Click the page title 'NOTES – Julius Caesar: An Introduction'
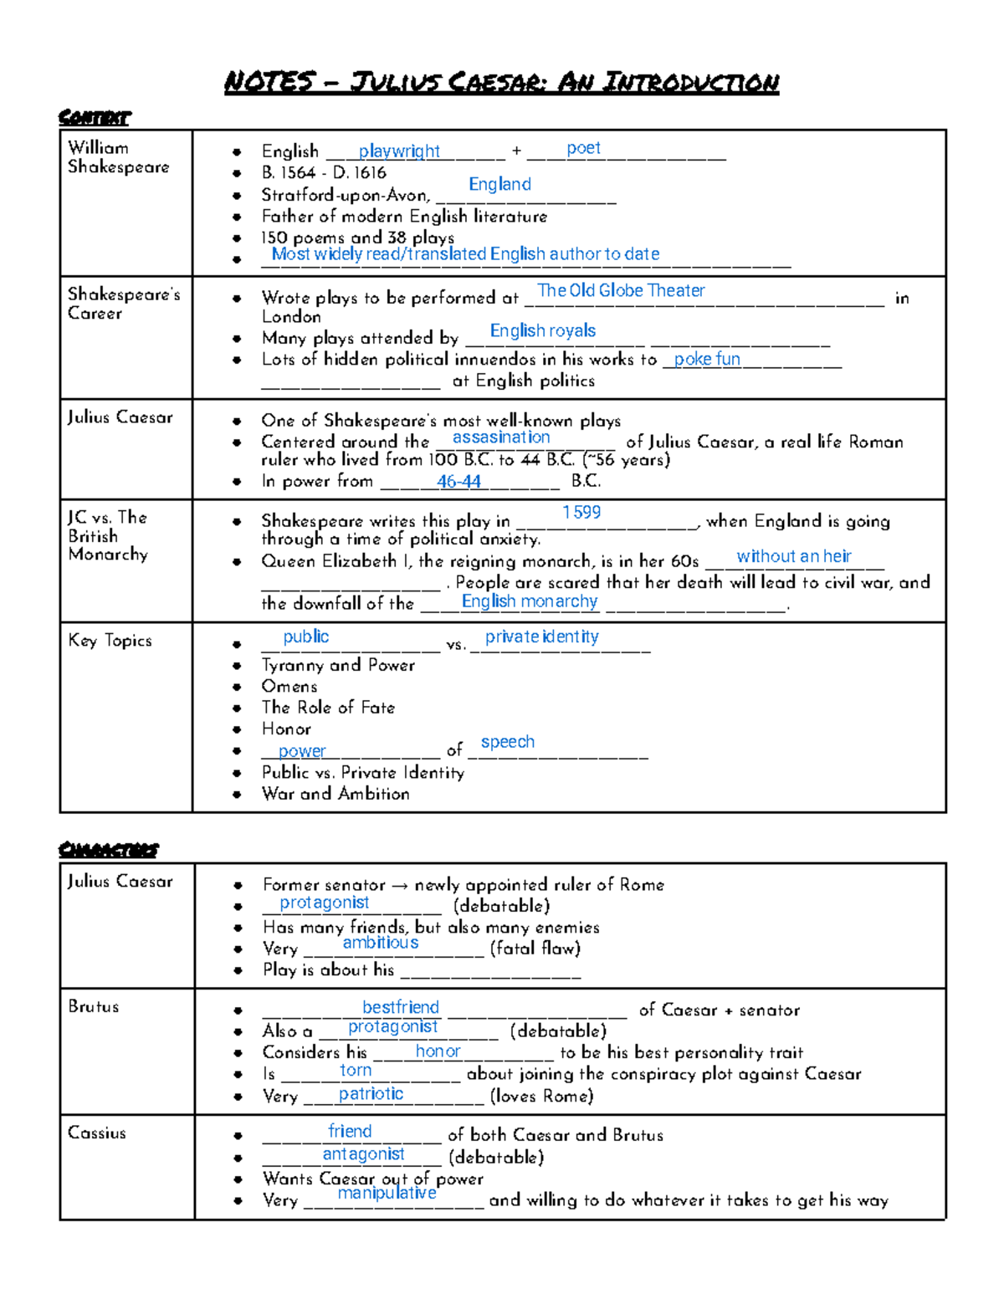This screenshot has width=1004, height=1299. coord(501,82)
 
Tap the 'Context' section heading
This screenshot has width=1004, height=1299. coord(95,117)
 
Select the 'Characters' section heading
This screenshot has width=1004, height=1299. coord(108,850)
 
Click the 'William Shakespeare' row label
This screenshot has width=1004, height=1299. coord(118,157)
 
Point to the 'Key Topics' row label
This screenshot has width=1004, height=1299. coord(110,641)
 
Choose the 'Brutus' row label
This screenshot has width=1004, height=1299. coord(94,1006)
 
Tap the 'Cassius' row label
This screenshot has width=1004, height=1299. coord(97,1133)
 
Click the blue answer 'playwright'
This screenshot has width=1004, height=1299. coord(399,151)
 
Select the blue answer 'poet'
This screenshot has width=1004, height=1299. coord(583,148)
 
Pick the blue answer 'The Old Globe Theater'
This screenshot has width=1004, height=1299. coord(621,290)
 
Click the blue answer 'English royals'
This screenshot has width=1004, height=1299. coord(542,330)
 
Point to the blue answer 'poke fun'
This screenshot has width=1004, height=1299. coord(707,359)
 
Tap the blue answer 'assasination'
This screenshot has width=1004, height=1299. coord(501,437)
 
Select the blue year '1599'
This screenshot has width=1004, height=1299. coord(581,512)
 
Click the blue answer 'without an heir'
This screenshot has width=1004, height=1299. coord(793,556)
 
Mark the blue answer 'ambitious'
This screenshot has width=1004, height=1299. coord(381,943)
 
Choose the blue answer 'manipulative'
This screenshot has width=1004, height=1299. coord(387,1193)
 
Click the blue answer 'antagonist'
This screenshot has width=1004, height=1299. coord(363,1153)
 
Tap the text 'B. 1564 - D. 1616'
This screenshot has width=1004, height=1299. coord(324,173)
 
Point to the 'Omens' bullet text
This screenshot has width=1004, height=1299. coord(289,686)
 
